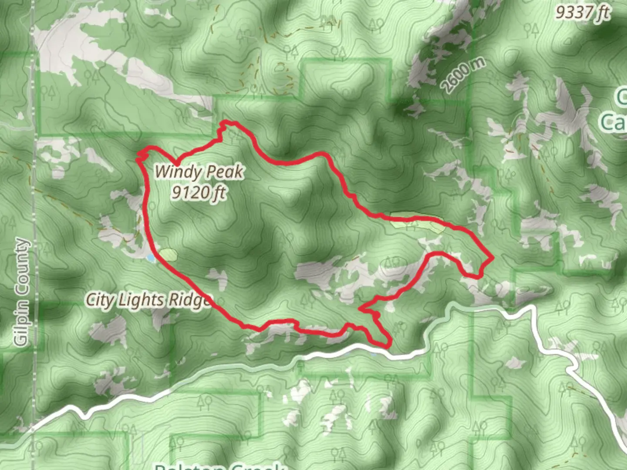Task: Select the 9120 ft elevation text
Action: pyautogui.click(x=199, y=192)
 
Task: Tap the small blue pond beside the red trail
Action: pyautogui.click(x=150, y=258)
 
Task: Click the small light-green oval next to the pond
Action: pyautogui.click(x=168, y=254)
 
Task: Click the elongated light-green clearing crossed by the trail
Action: pyautogui.click(x=417, y=222)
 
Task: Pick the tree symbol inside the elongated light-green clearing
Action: pyautogui.click(x=409, y=225)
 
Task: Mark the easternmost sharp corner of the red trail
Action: pyautogui.click(x=492, y=258)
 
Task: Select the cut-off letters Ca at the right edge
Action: pyautogui.click(x=614, y=122)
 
